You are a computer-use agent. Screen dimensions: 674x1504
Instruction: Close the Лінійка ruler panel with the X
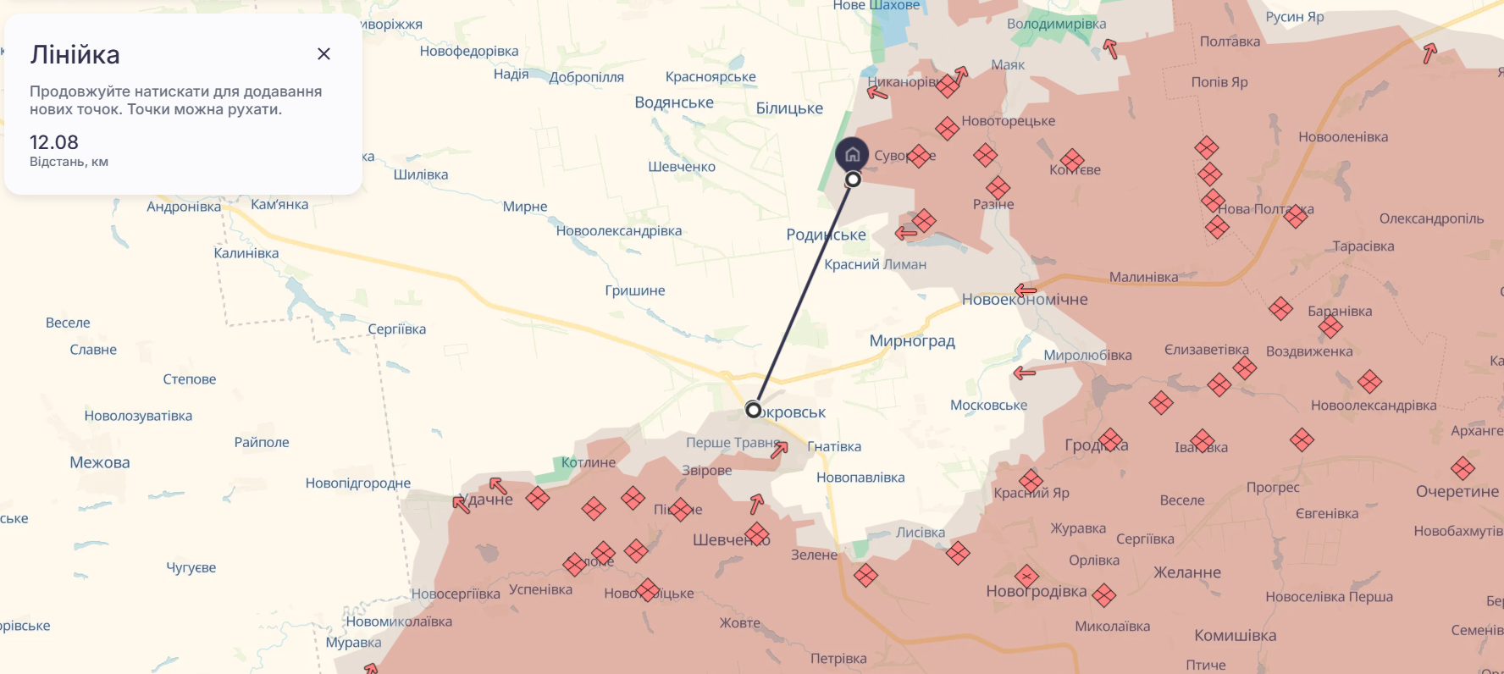tap(323, 54)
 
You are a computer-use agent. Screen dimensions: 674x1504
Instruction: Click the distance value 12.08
tap(54, 142)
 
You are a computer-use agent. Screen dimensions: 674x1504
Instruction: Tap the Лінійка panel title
tap(75, 55)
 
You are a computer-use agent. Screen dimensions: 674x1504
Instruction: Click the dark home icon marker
tap(852, 154)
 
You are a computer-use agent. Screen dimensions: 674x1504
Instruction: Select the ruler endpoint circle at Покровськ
tap(753, 410)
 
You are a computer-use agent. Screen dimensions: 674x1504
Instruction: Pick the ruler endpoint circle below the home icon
tap(853, 180)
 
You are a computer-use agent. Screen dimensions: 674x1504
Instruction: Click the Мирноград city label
tap(912, 341)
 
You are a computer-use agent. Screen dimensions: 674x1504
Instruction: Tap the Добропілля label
tap(586, 77)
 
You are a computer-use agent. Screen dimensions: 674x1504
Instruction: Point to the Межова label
tap(100, 462)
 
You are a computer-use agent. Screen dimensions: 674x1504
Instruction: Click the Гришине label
tap(635, 290)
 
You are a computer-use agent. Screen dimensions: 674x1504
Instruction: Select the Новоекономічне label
tap(1025, 300)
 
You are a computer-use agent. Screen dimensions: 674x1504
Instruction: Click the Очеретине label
tap(1457, 491)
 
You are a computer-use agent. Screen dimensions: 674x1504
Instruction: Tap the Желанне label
tap(1187, 572)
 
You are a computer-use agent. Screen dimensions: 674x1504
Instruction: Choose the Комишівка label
tap(1235, 635)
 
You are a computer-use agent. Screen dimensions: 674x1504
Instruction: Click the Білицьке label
tap(789, 108)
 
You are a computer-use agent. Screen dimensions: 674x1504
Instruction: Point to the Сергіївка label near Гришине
tap(396, 329)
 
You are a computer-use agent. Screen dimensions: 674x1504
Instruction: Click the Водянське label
tap(674, 102)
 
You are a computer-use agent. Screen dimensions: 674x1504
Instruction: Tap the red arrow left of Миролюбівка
tap(1025, 373)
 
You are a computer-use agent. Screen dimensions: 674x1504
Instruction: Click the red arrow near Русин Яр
tap(1429, 53)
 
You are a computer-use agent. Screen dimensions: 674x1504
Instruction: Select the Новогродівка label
tap(1036, 591)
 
